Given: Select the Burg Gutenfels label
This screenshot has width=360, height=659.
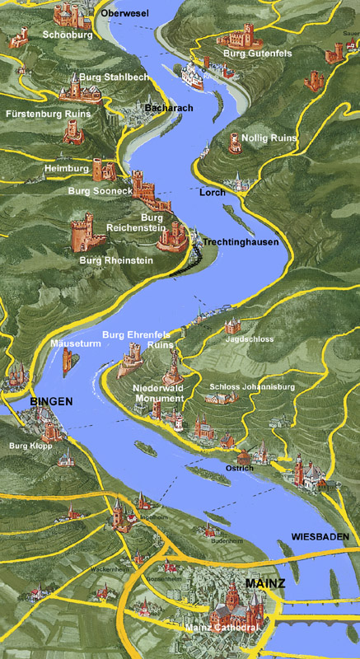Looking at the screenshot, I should (x=256, y=54).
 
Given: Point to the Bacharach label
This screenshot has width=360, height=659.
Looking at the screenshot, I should (x=167, y=109).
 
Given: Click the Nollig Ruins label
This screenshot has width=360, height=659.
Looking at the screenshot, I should (x=269, y=138).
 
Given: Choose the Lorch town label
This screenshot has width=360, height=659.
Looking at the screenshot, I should (x=212, y=192).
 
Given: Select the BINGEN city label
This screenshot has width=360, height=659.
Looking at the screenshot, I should (x=51, y=401).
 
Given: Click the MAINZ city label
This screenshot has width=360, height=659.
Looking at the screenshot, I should (x=265, y=583).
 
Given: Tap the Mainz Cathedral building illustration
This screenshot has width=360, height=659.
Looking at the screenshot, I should (x=231, y=609).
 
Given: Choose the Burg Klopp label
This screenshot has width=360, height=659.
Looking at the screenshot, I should (x=30, y=446).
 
